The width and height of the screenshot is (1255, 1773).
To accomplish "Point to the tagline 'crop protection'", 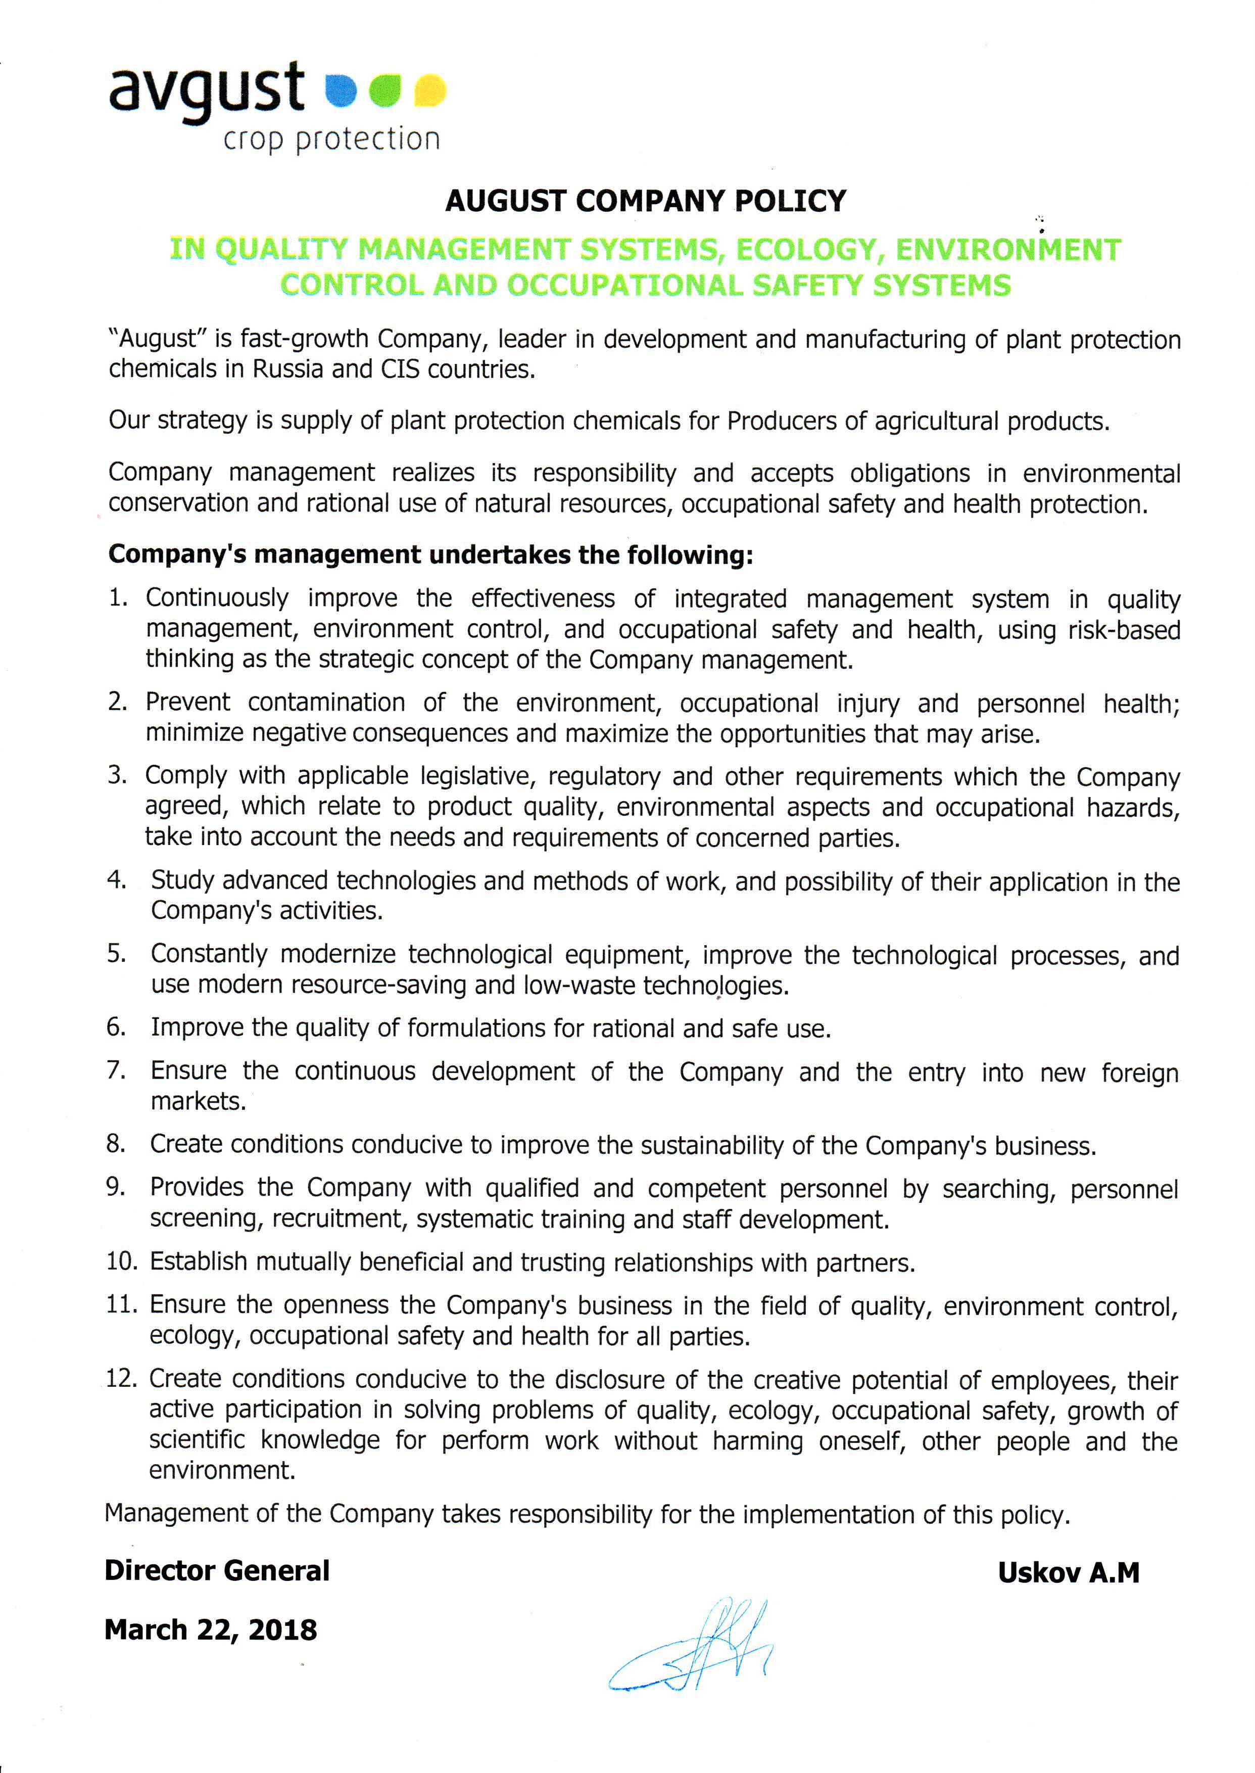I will coord(331,139).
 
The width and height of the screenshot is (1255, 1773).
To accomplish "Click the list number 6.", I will coord(116,1027).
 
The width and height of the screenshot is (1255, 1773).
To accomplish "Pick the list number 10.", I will coord(121,1262).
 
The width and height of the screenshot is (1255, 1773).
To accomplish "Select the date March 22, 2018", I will coord(210,1630).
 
